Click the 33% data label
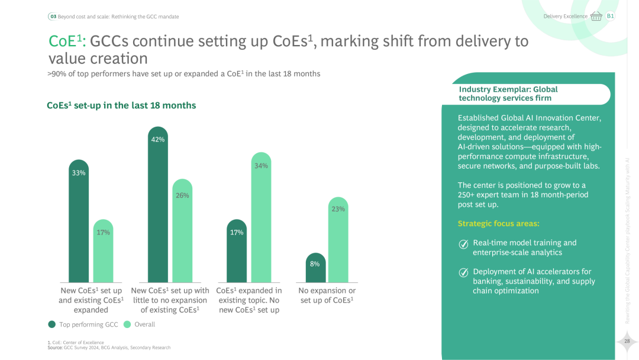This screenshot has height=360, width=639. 79,173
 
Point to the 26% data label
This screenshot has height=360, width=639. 182,195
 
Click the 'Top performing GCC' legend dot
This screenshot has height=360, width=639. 52,324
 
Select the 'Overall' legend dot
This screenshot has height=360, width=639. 127,324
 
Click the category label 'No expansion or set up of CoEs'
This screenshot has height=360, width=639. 327,295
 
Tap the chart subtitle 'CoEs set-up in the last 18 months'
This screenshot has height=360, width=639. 121,105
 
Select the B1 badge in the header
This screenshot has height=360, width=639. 611,16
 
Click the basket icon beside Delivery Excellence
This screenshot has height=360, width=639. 596,17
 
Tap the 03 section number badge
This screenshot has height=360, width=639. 53,17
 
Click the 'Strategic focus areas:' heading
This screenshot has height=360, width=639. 498,224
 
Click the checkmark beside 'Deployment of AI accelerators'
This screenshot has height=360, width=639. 464,272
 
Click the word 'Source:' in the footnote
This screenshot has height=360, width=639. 54,348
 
